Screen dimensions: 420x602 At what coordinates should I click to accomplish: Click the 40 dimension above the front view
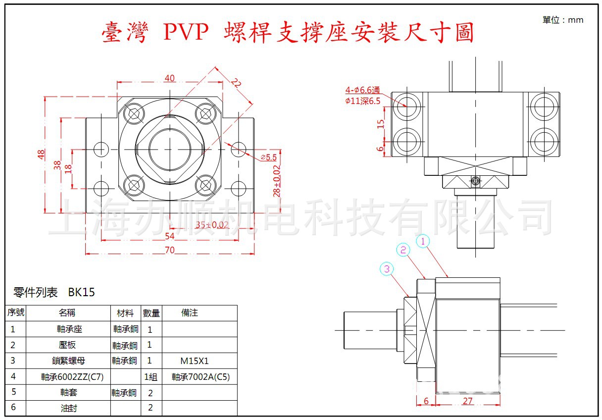click(170, 78)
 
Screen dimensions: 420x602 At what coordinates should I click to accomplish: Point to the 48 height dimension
click(41, 155)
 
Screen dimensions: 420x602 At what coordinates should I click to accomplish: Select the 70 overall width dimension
click(170, 250)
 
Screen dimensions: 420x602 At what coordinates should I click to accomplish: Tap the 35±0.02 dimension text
click(212, 225)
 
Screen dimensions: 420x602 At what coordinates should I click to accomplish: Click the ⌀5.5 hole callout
click(268, 157)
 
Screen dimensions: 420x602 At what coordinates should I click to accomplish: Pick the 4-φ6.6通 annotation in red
click(363, 90)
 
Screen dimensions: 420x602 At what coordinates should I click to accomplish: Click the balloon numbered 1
click(423, 241)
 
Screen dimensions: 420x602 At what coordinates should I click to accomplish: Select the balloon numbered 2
click(403, 250)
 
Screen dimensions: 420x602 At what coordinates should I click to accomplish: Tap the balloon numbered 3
click(387, 269)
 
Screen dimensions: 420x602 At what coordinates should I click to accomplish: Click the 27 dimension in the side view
click(467, 401)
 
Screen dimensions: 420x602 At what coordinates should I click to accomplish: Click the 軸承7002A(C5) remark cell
click(201, 377)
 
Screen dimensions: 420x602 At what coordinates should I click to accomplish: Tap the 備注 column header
click(190, 313)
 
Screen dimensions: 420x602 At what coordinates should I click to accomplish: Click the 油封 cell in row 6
click(67, 408)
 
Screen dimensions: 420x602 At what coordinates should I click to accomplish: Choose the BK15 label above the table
click(82, 292)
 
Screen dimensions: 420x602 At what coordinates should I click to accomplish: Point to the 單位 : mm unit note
click(563, 20)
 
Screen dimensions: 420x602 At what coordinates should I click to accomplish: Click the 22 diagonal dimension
click(236, 84)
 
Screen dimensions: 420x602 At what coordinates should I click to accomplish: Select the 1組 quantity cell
click(150, 377)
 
